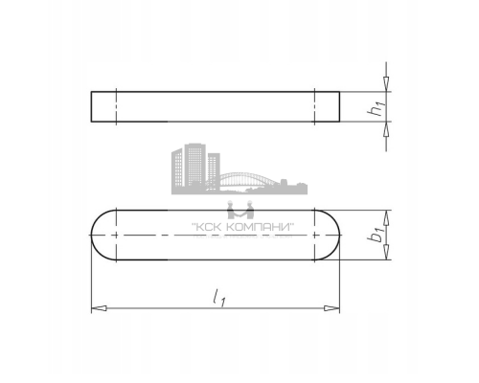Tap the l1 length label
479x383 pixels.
221,299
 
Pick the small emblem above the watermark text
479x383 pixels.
235,211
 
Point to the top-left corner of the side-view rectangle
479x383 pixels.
91,92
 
